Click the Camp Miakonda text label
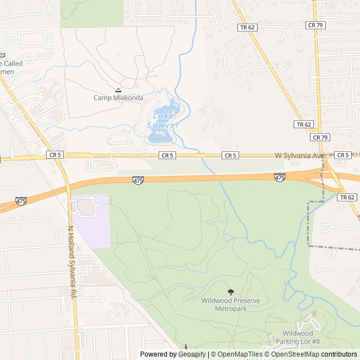(118, 98)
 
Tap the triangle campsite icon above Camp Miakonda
(118, 90)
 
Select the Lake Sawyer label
(163, 121)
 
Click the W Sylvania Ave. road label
(300, 155)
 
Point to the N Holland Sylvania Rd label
(72, 262)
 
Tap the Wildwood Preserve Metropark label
(231, 304)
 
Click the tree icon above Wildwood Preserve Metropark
(231, 292)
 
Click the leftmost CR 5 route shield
(55, 155)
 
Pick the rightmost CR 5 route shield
(342, 155)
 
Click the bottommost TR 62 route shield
(347, 197)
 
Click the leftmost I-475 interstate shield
(21, 201)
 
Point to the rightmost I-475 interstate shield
(280, 177)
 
